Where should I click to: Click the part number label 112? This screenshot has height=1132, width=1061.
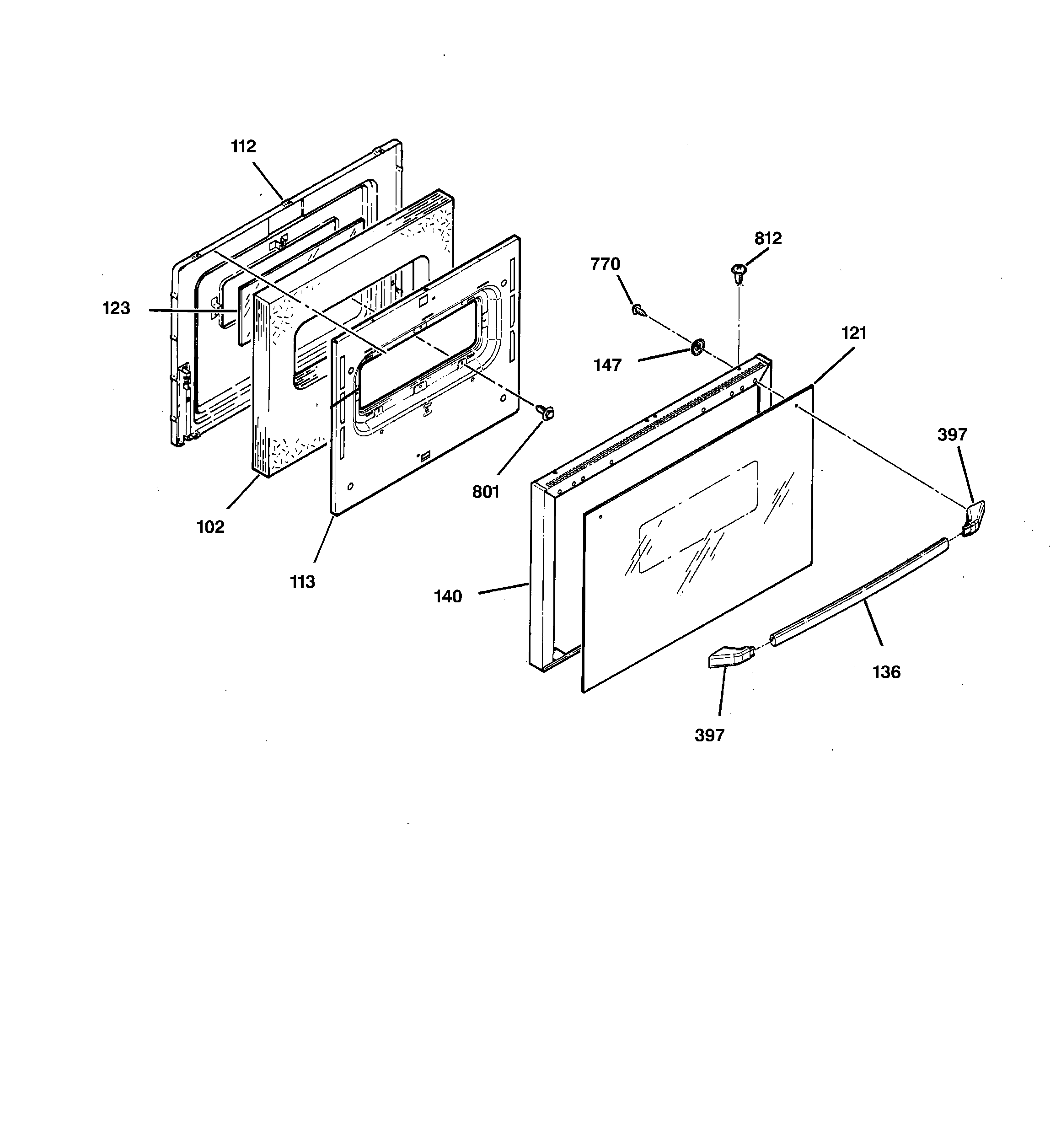(x=243, y=147)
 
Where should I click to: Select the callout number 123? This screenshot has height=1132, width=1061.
(x=116, y=308)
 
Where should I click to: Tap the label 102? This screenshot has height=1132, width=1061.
(x=210, y=527)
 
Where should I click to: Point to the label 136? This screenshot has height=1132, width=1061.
(x=886, y=672)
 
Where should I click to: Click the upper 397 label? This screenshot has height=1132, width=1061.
(x=952, y=435)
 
